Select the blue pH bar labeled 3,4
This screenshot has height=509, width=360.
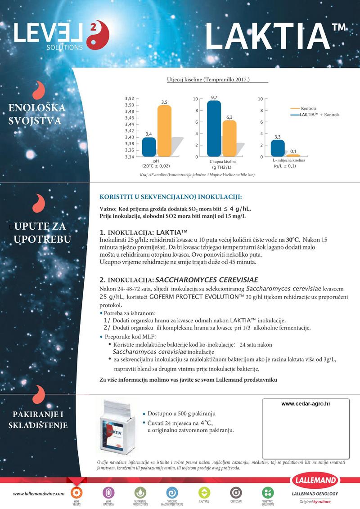[x=149, y=147]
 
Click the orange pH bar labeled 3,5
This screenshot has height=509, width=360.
[x=164, y=131]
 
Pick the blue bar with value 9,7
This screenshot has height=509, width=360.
[x=214, y=128]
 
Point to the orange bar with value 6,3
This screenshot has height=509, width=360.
[x=229, y=138]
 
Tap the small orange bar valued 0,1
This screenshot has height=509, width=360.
[x=293, y=155]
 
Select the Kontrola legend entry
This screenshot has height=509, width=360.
[x=308, y=108]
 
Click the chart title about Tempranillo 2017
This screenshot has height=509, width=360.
[x=208, y=80]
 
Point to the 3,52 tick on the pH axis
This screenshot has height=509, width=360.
[x=129, y=98]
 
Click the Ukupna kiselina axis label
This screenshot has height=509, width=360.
[x=223, y=161]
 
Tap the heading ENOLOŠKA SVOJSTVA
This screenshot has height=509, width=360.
[x=37, y=114]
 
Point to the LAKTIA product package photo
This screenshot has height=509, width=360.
[x=117, y=425]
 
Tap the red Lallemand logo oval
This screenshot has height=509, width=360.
[x=315, y=480]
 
